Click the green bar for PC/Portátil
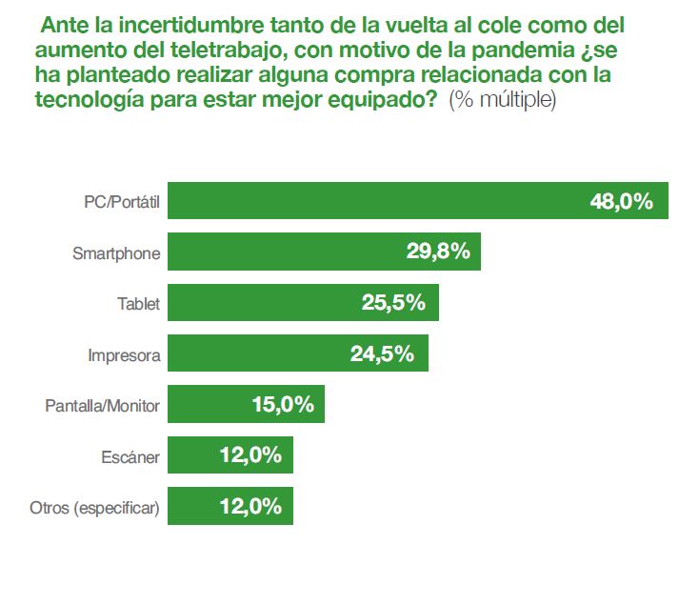tap(381, 202)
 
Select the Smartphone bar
tap(286, 252)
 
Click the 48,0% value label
tap(621, 202)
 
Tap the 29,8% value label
tap(439, 252)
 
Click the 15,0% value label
tap(283, 405)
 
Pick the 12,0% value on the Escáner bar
tap(250, 455)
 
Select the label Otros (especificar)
tap(95, 508)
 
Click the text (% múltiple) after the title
tap(502, 100)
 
